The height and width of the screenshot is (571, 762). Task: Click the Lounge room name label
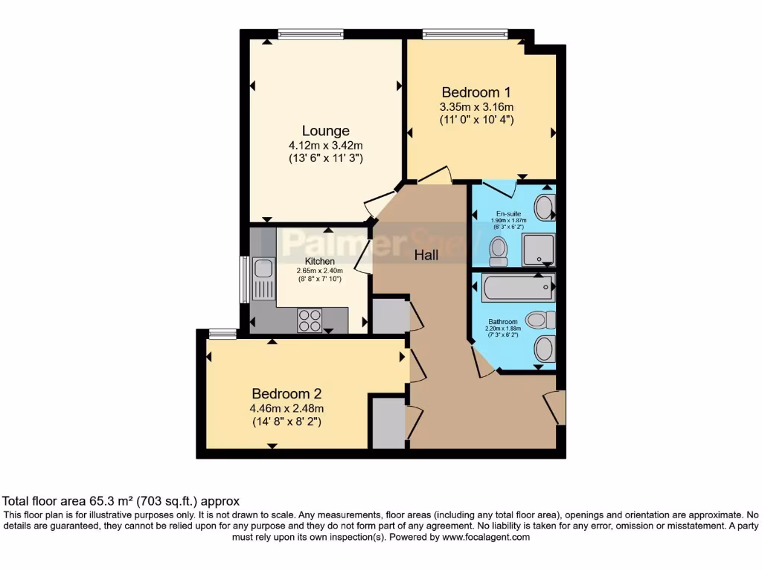(325, 131)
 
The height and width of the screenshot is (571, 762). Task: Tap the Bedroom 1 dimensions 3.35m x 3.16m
(476, 106)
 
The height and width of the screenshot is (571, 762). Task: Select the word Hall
(426, 255)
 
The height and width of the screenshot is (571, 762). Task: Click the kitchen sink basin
(263, 268)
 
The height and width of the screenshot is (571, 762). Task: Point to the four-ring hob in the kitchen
(310, 320)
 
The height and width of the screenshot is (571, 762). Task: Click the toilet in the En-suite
(498, 251)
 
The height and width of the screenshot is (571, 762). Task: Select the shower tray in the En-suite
(538, 249)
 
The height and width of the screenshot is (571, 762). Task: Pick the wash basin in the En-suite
(545, 207)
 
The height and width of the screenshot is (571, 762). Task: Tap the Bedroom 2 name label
(286, 393)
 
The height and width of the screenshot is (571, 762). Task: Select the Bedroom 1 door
(435, 176)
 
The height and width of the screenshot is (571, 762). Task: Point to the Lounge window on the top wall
(311, 33)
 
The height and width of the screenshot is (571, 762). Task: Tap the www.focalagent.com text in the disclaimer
(484, 537)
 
